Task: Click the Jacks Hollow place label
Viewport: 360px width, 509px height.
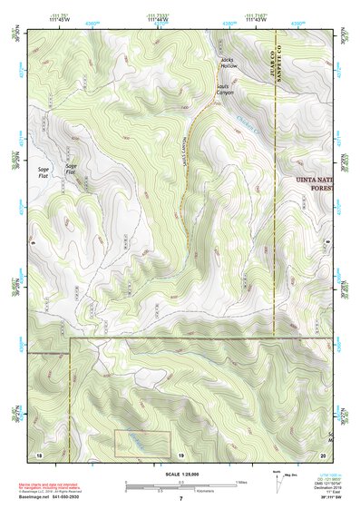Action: tap(227, 64)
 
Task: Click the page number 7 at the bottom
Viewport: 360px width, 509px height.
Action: tap(180, 499)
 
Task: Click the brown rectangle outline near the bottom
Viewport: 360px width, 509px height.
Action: tap(142, 443)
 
